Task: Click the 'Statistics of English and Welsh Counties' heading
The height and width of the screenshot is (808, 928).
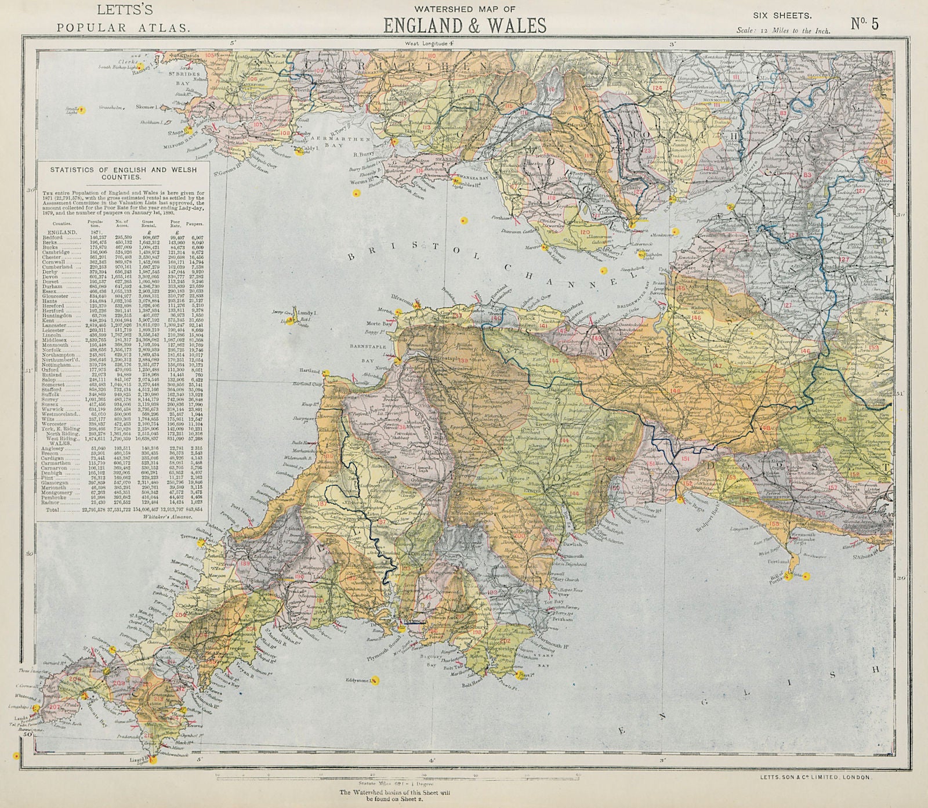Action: tap(123, 173)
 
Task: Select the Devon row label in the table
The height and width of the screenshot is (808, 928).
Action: tap(57, 277)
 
